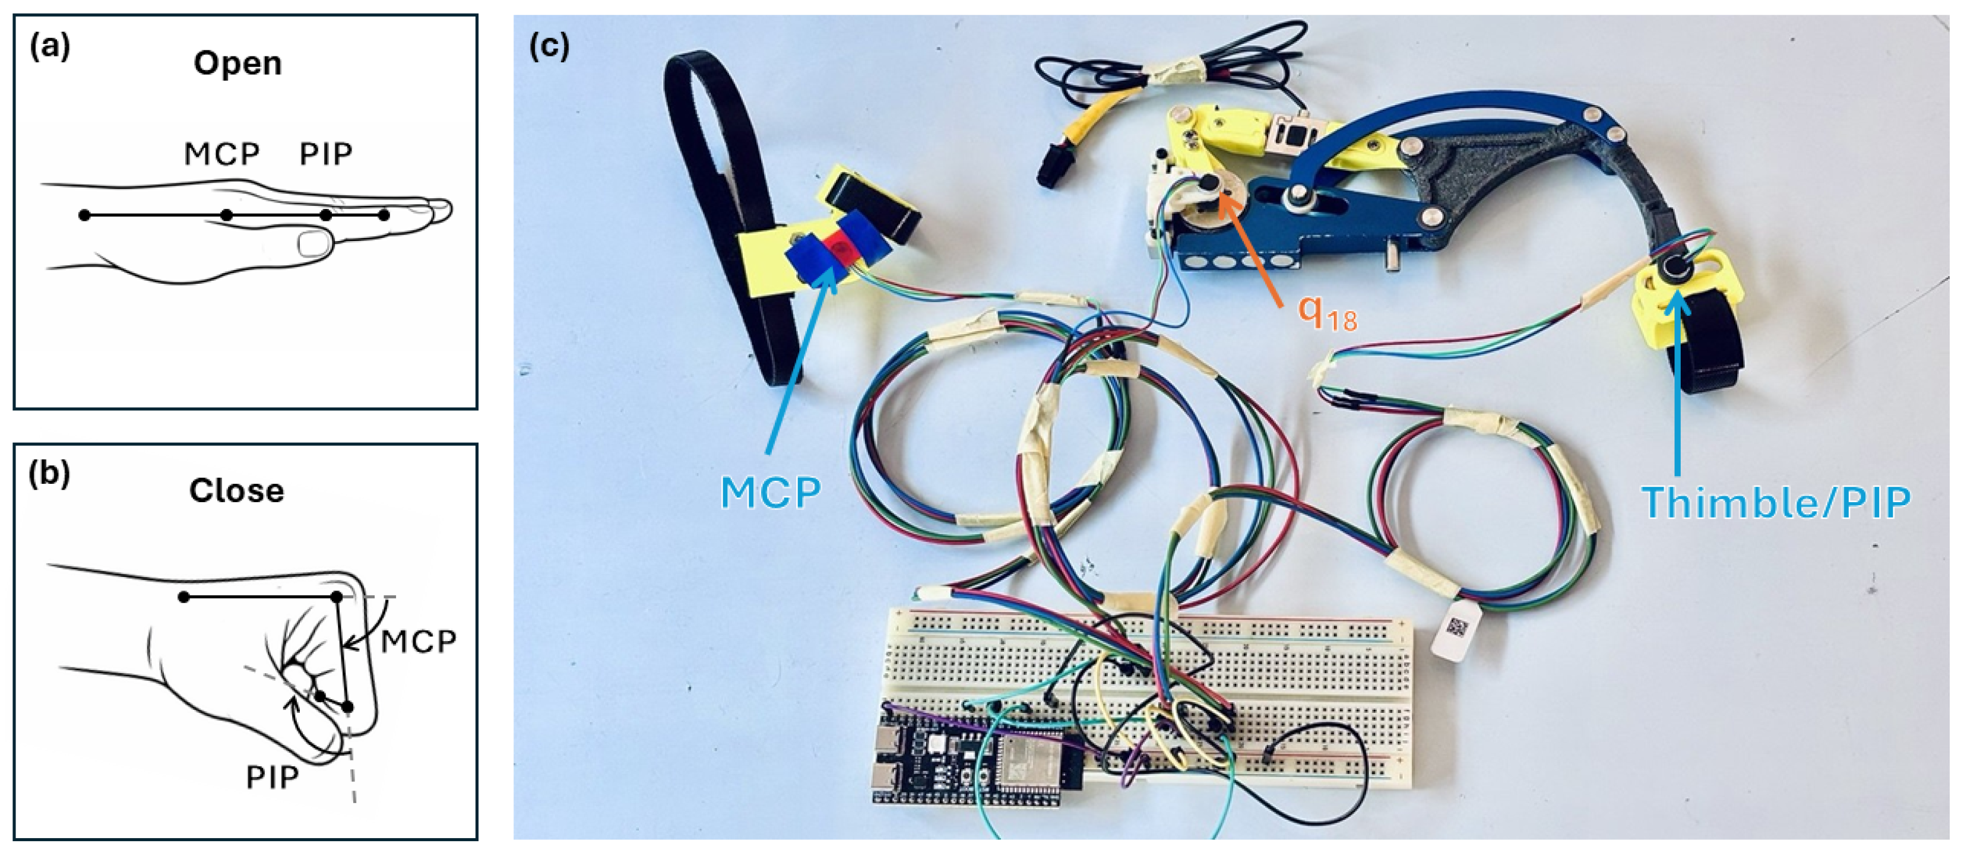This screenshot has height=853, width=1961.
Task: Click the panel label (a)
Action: (x=49, y=47)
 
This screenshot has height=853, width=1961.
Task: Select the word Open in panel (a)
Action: (x=237, y=63)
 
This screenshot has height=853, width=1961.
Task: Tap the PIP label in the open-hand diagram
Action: (x=326, y=154)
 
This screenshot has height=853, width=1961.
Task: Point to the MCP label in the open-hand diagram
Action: (x=221, y=154)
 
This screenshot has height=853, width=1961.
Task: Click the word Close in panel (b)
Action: (x=237, y=491)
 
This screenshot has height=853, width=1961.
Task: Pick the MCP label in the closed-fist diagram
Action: (x=418, y=642)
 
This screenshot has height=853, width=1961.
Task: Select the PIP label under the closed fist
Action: (x=272, y=778)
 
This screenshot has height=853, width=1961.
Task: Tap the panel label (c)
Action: (x=549, y=47)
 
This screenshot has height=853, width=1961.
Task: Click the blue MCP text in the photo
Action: (x=771, y=493)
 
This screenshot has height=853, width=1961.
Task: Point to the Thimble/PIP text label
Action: (x=1776, y=503)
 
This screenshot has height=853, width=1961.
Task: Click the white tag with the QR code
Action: (x=1456, y=629)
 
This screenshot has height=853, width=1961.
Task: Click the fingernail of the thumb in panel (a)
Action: (x=313, y=243)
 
